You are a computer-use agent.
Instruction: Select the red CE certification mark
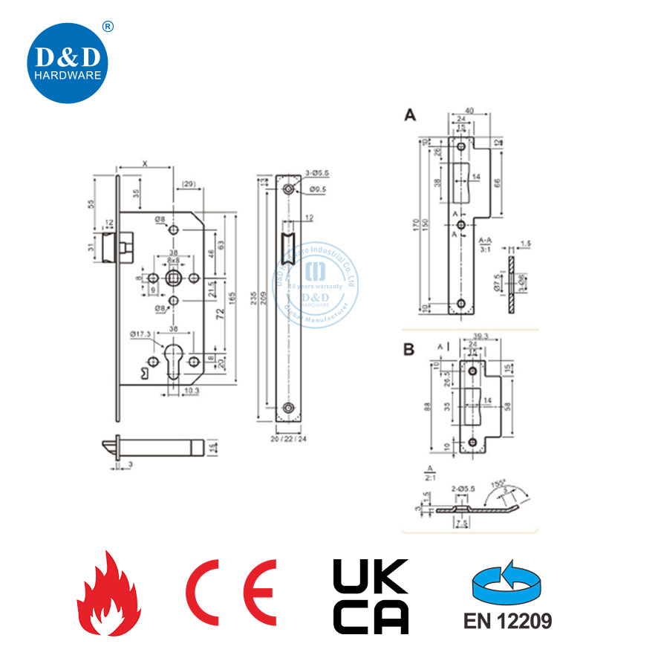[x=231, y=593]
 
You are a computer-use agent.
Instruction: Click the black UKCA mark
[x=370, y=596]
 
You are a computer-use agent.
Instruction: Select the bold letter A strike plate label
[x=409, y=115]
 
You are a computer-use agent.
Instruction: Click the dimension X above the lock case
[x=143, y=163]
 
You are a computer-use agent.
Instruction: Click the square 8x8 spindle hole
[x=174, y=278]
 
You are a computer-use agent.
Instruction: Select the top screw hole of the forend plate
[x=288, y=189]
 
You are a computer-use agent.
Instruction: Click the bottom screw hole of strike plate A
[x=461, y=304]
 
